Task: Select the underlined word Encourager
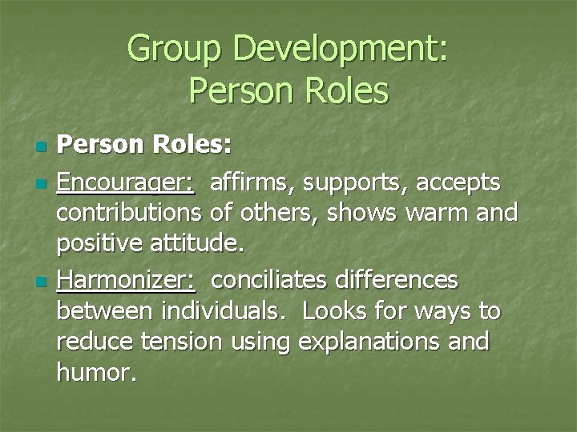pos(126,184)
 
